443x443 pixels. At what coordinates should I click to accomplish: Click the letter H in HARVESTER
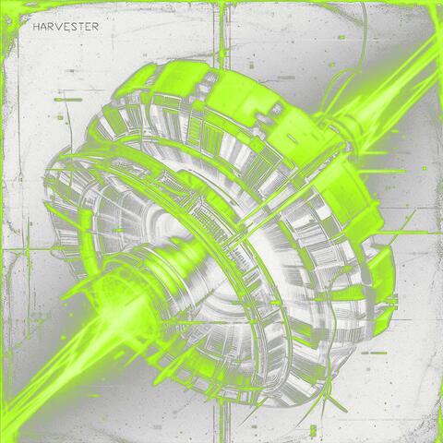tap(36, 27)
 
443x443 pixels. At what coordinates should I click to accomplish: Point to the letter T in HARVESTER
tap(81, 27)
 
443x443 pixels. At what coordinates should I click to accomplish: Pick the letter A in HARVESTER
tap(43, 27)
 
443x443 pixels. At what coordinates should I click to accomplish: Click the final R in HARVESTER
tap(95, 27)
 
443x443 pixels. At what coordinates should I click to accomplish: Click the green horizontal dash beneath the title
tap(68, 100)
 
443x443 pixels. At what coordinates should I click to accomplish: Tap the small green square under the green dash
tap(60, 117)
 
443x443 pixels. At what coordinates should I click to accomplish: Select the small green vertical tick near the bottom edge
tap(313, 428)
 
